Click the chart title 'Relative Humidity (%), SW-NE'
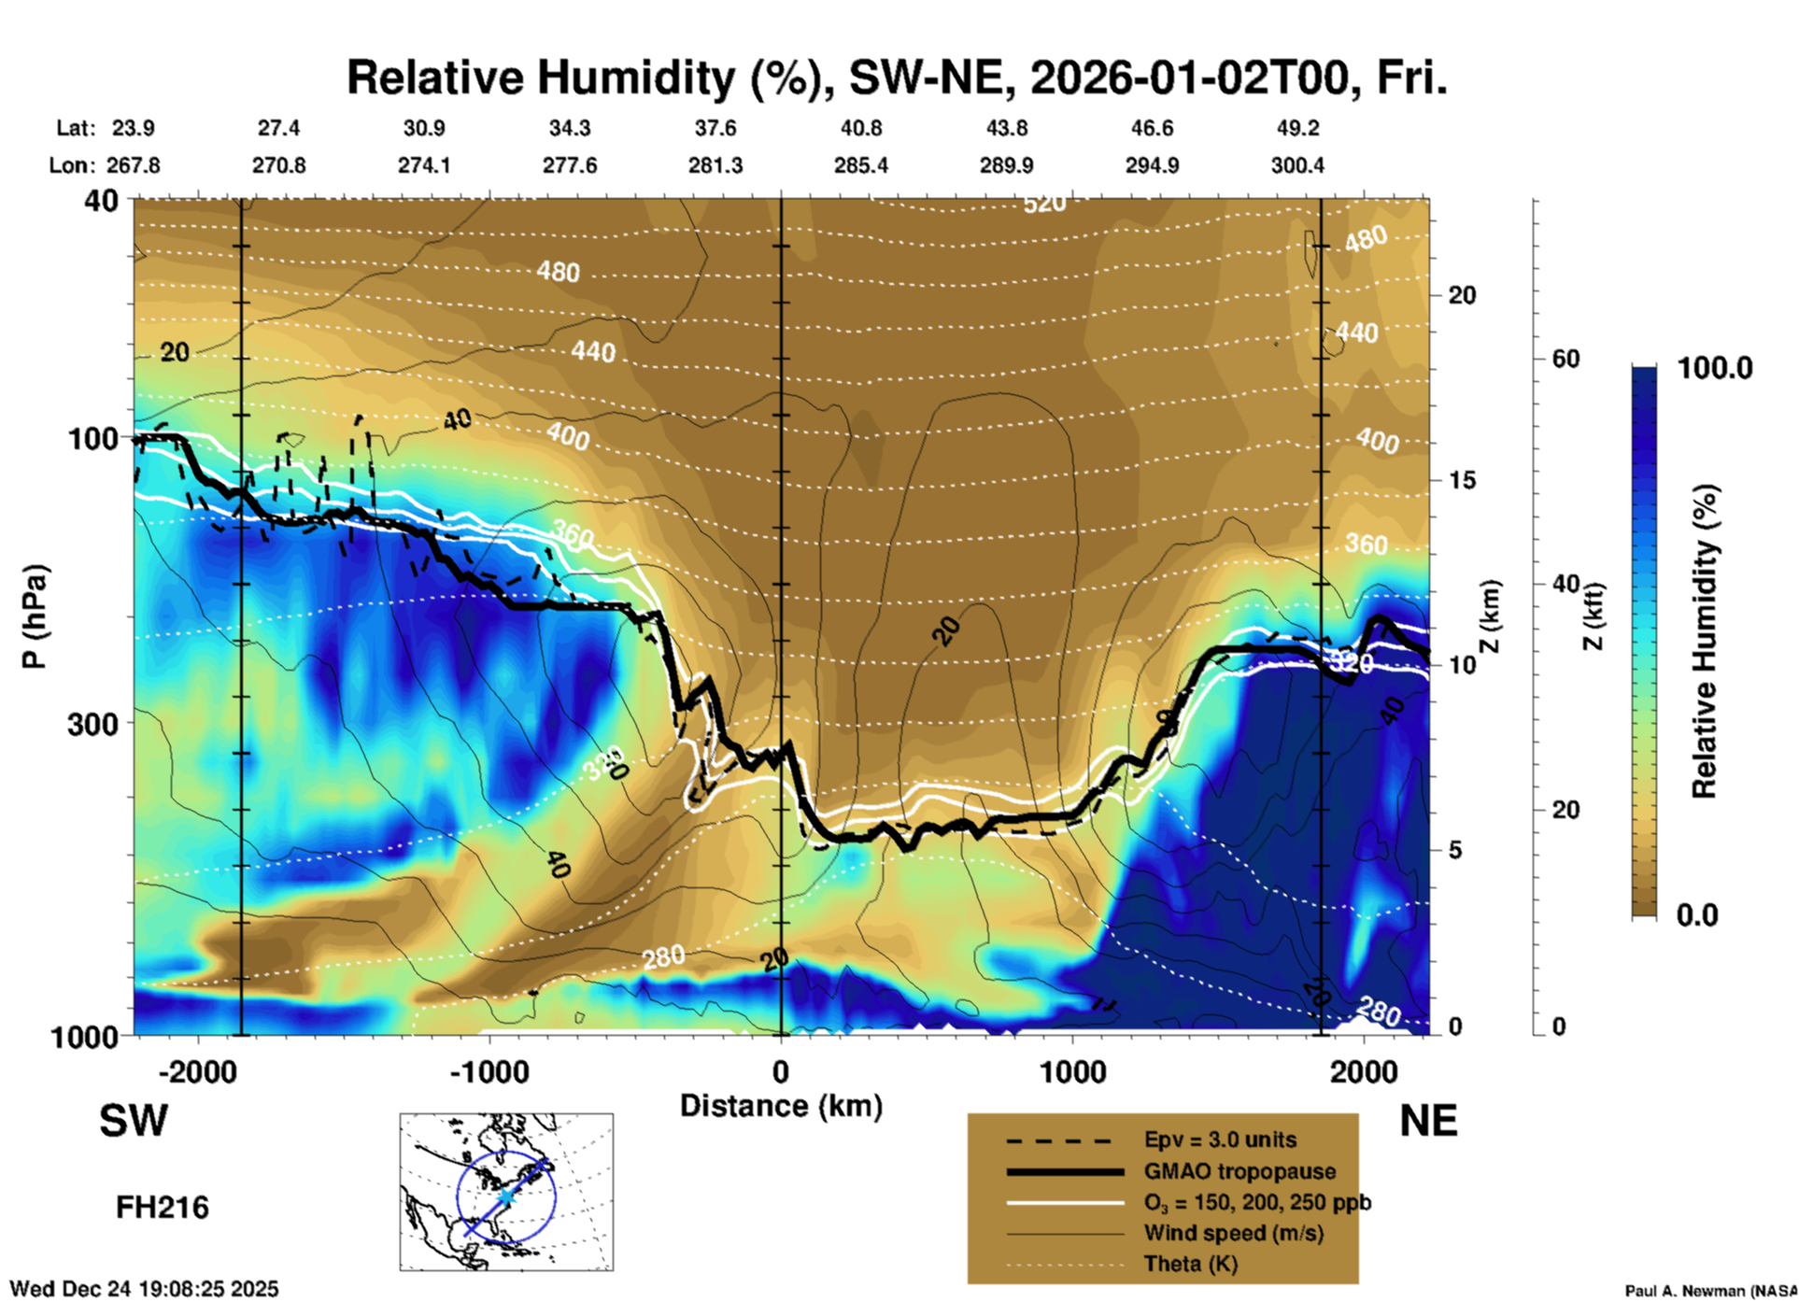pyautogui.click(x=897, y=78)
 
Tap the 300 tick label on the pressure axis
pyautogui.click(x=93, y=724)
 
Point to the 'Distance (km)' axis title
pyautogui.click(x=781, y=1106)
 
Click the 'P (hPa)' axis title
pyautogui.click(x=35, y=616)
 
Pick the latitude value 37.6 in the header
pyautogui.click(x=715, y=128)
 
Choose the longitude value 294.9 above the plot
pyautogui.click(x=1152, y=166)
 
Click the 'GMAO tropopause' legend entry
pyautogui.click(x=1239, y=1171)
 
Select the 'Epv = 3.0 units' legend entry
pyautogui.click(x=1220, y=1140)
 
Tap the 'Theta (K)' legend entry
pyautogui.click(x=1190, y=1265)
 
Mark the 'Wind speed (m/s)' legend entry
pyautogui.click(x=1233, y=1234)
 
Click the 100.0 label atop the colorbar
pyautogui.click(x=1715, y=368)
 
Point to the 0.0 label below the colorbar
pyautogui.click(x=1696, y=915)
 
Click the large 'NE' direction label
pyautogui.click(x=1428, y=1121)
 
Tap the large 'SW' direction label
pyautogui.click(x=134, y=1121)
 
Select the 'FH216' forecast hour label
pyautogui.click(x=162, y=1208)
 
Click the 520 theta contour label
pyautogui.click(x=1043, y=204)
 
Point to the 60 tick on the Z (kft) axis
pyautogui.click(x=1565, y=359)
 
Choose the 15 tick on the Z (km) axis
pyautogui.click(x=1462, y=480)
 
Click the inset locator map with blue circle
pyautogui.click(x=506, y=1192)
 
